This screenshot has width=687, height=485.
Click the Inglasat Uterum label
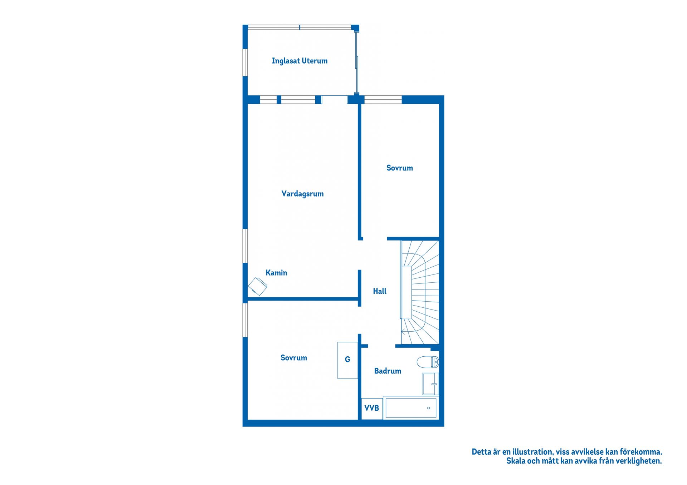click(x=299, y=61)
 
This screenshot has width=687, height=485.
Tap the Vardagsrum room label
click(x=302, y=194)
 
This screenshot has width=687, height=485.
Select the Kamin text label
click(x=276, y=273)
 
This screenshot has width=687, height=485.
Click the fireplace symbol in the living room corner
click(x=258, y=286)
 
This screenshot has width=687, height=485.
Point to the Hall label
click(x=380, y=291)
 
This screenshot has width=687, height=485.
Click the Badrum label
click(x=388, y=371)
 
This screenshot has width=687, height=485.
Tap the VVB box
click(x=372, y=408)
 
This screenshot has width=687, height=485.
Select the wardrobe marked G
click(x=348, y=360)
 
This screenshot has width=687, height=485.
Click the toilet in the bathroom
click(x=428, y=362)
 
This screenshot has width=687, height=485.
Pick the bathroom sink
click(x=430, y=384)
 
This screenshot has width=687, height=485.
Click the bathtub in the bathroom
click(x=411, y=408)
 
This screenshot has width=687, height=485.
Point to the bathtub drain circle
click(x=428, y=408)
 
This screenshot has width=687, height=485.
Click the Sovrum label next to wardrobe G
click(x=293, y=358)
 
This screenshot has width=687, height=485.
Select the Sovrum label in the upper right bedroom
click(x=399, y=168)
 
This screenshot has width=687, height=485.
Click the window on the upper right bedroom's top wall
click(x=383, y=100)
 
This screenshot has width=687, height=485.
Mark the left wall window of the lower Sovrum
click(x=245, y=320)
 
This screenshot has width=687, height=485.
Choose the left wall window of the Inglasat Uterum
click(x=245, y=63)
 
